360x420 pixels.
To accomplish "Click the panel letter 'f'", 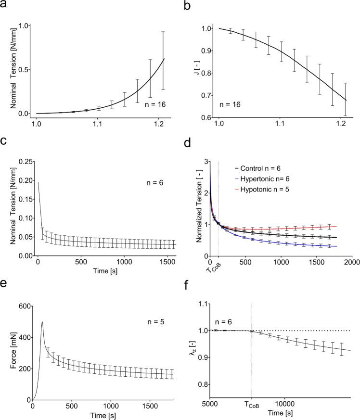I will point(187,290).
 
